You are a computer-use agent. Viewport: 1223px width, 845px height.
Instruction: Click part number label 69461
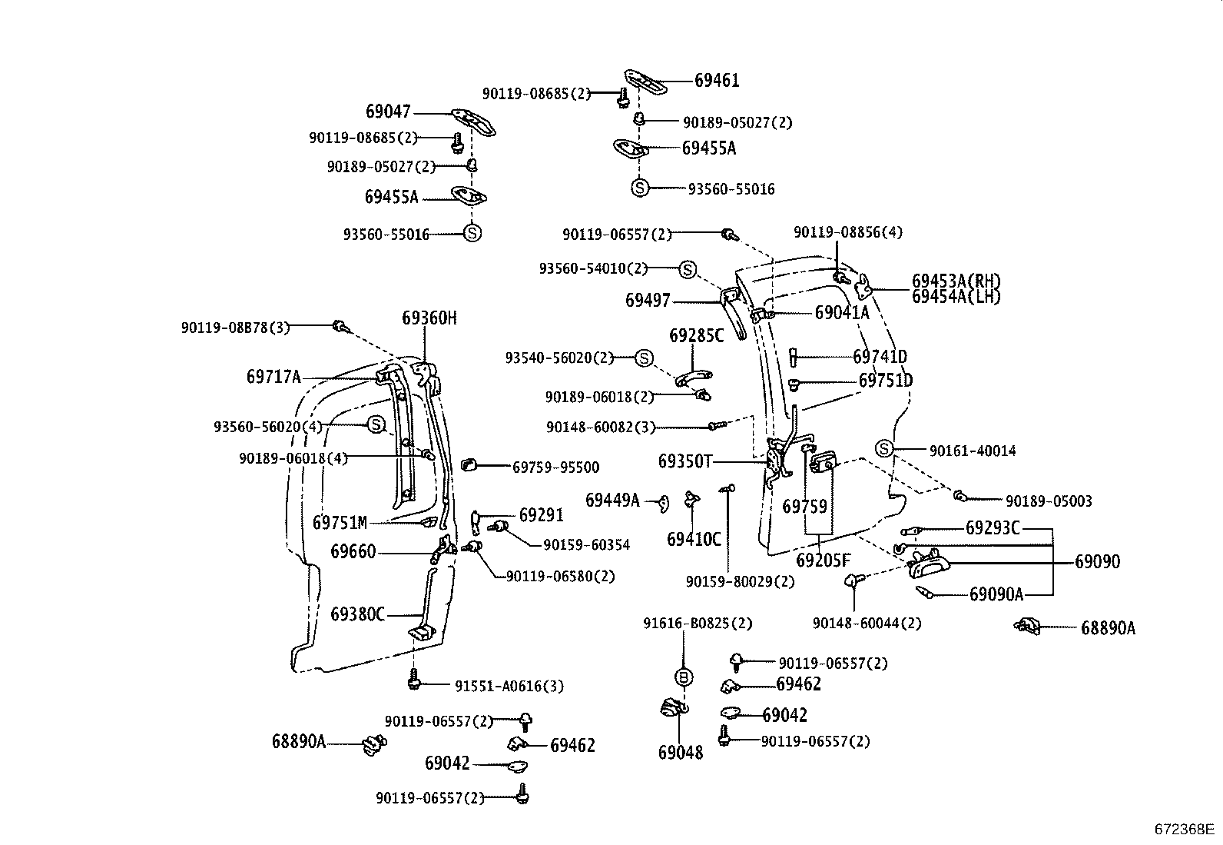pos(717,81)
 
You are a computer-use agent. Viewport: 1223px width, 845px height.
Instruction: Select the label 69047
pos(388,112)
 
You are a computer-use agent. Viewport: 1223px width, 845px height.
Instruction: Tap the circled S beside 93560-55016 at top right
pos(640,188)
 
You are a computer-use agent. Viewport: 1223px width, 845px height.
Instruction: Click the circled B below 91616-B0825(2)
pos(684,677)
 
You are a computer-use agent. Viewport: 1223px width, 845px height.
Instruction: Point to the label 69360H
pos(429,318)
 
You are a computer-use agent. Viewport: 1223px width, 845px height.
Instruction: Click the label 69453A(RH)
pos(956,281)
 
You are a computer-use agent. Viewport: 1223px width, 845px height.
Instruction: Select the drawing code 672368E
pos(1183,830)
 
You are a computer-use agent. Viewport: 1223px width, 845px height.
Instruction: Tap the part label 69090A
pos(996,594)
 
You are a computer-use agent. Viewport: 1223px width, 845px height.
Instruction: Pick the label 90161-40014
pos(972,451)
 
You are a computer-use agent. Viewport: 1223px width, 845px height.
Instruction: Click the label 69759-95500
pos(555,467)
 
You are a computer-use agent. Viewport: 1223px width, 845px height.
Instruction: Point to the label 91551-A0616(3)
pos(509,686)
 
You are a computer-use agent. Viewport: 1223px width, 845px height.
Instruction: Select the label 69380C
pos(357,614)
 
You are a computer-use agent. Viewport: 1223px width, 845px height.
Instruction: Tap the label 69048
pos(680,753)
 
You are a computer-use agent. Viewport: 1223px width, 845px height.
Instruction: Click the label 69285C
pos(696,336)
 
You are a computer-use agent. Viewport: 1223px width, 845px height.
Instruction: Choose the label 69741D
pos(880,357)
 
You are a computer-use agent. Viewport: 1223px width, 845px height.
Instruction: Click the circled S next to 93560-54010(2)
pos(687,269)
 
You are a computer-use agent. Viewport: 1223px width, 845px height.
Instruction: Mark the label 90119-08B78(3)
pos(235,328)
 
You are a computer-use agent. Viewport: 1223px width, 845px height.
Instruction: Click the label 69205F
pos(823,561)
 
